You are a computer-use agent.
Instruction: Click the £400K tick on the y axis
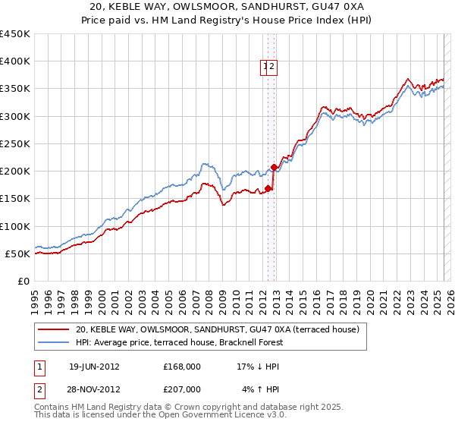(x=15, y=61)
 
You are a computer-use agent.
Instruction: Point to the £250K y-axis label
(x=15, y=143)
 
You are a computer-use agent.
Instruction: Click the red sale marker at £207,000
(x=274, y=167)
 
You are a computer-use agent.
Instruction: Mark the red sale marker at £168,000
(x=268, y=188)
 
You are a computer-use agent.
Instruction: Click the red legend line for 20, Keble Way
(x=55, y=329)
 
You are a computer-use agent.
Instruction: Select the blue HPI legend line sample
(x=55, y=342)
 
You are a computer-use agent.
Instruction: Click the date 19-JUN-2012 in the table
(x=94, y=366)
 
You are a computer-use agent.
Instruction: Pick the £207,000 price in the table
(x=181, y=389)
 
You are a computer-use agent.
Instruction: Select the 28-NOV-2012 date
(x=94, y=389)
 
